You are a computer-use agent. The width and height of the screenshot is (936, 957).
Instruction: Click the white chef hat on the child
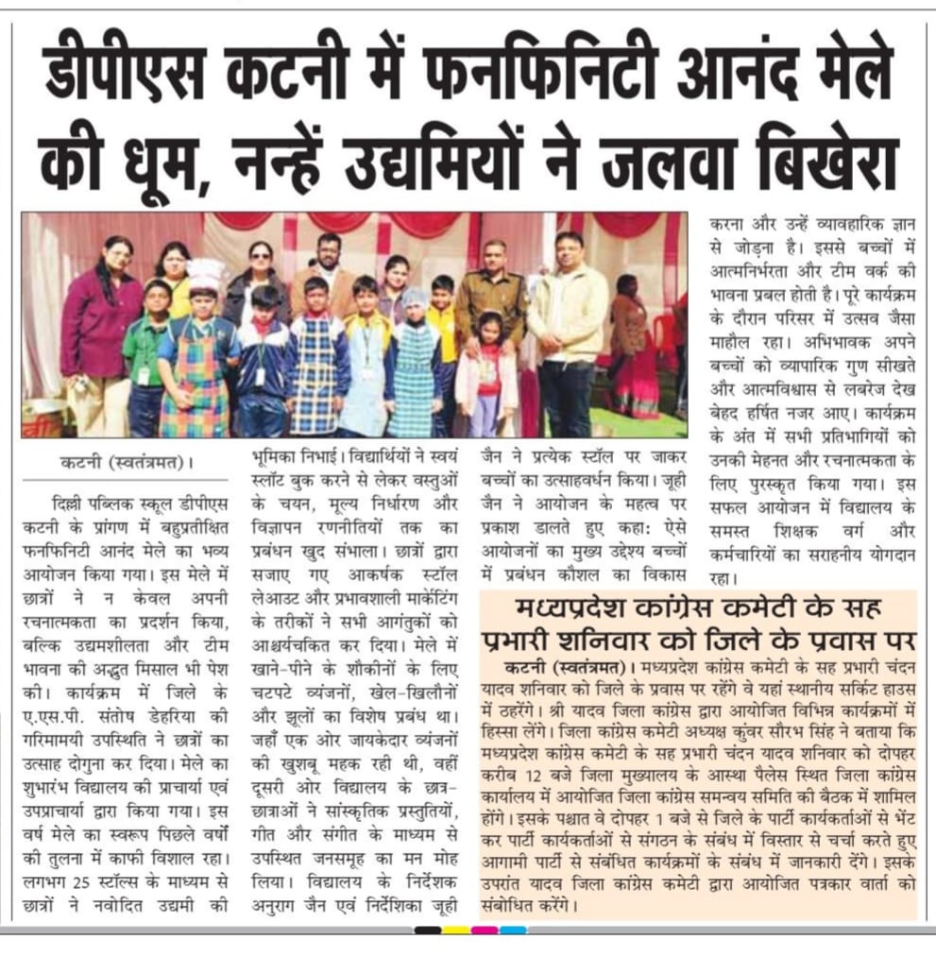pyautogui.click(x=204, y=274)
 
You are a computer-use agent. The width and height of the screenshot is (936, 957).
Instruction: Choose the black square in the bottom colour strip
pyautogui.click(x=428, y=931)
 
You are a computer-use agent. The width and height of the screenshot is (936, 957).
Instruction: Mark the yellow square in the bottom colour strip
pyautogui.click(x=456, y=931)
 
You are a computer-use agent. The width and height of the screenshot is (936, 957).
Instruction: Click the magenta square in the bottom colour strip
pyautogui.click(x=485, y=931)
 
